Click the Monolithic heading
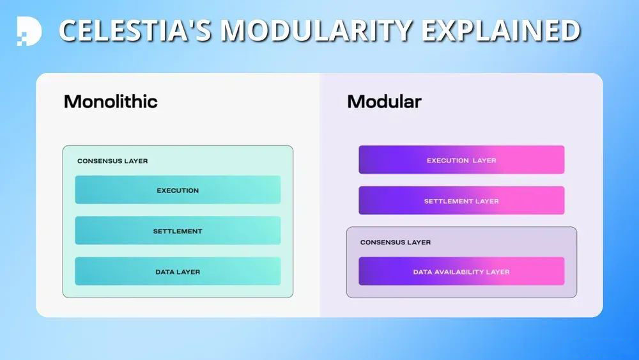pos(111,102)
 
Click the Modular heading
pos(384,102)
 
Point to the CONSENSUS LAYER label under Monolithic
pos(112,161)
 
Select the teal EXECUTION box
pos(178,190)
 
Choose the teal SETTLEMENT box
pos(178,231)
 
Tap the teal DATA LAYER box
pos(178,272)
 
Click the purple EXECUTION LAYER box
pos(461,160)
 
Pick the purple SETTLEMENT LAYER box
pos(461,201)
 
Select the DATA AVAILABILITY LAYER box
pos(461,272)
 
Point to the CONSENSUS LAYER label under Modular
pos(396,243)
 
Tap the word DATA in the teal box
pos(165,272)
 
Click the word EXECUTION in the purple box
pos(448,160)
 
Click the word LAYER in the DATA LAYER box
pos(189,272)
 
